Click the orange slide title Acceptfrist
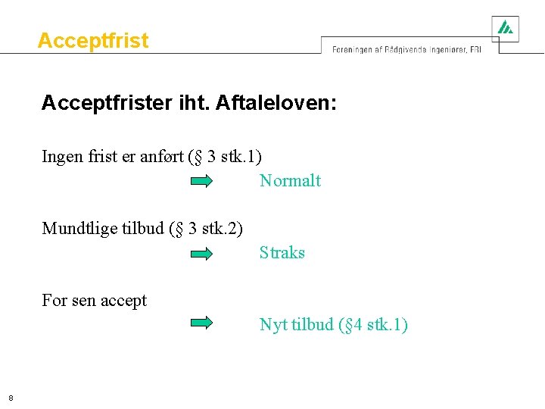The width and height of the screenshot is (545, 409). click(93, 40)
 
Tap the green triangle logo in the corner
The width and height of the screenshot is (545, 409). click(505, 28)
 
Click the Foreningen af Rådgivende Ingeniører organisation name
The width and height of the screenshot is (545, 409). click(406, 49)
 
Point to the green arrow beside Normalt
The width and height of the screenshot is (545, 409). click(201, 181)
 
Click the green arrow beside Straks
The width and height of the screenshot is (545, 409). click(201, 254)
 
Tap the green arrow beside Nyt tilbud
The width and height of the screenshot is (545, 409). click(201, 323)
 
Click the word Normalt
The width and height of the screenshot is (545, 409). click(290, 181)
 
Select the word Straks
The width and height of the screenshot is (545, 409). click(282, 253)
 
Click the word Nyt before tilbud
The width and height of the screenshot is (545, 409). click(272, 325)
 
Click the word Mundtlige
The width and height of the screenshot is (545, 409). click(79, 229)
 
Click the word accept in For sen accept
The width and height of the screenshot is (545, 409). click(123, 301)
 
